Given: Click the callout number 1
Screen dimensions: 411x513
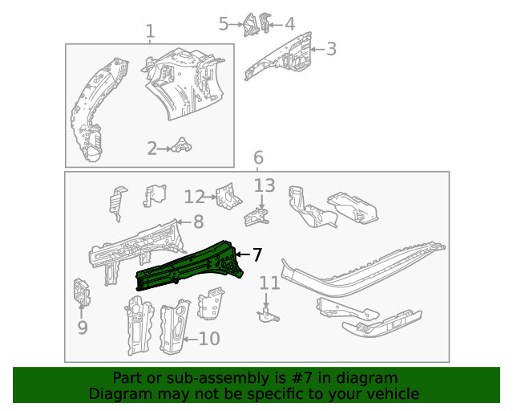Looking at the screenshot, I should pos(150,32).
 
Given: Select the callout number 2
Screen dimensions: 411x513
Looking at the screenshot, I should pos(151,148).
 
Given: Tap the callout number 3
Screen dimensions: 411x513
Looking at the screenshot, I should pos(331,50).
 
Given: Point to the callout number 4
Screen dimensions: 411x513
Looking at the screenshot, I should pos(289,24).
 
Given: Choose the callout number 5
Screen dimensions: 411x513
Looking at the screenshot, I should pos(224,24).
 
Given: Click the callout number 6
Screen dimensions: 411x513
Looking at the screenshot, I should pos(258,158).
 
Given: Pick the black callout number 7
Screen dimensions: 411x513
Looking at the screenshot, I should pos(256,254).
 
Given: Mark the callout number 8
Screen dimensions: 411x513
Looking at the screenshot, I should pos(198,222).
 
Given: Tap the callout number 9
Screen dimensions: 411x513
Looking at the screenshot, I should pos(82,328).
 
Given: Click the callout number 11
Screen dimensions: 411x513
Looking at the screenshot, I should pos(270,283).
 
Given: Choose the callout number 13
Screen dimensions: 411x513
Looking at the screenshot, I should pos(265,186).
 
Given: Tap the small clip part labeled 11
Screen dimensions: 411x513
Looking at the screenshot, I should pos(265,312).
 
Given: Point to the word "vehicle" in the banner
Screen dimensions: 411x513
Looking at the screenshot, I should pos(392,393).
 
